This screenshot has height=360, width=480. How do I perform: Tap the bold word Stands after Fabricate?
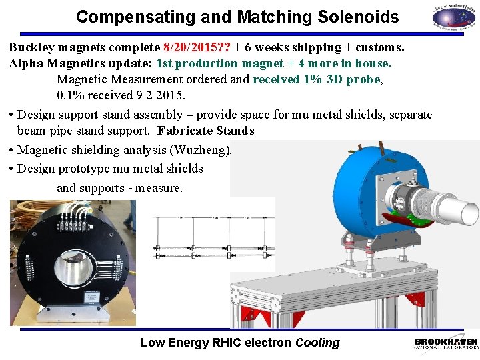click(x=234, y=131)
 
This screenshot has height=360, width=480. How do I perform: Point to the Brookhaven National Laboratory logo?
click(x=445, y=343)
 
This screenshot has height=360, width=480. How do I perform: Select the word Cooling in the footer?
click(x=317, y=343)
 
